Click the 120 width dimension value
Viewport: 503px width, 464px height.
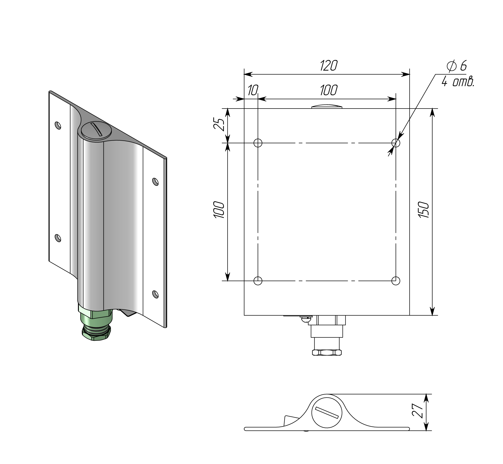point(329,66)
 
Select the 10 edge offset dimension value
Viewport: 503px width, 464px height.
point(253,90)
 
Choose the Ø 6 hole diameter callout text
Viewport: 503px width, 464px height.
point(457,66)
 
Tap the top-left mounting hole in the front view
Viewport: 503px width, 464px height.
point(258,143)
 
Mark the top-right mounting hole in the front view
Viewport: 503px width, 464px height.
point(396,143)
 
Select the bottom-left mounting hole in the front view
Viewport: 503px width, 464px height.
point(258,281)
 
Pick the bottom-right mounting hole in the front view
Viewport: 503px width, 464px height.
point(396,281)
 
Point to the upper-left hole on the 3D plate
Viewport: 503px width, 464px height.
point(58,125)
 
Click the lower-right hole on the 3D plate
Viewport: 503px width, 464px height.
point(155,294)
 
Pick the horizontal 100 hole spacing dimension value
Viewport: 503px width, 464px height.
point(329,90)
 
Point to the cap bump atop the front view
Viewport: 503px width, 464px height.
point(327,106)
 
